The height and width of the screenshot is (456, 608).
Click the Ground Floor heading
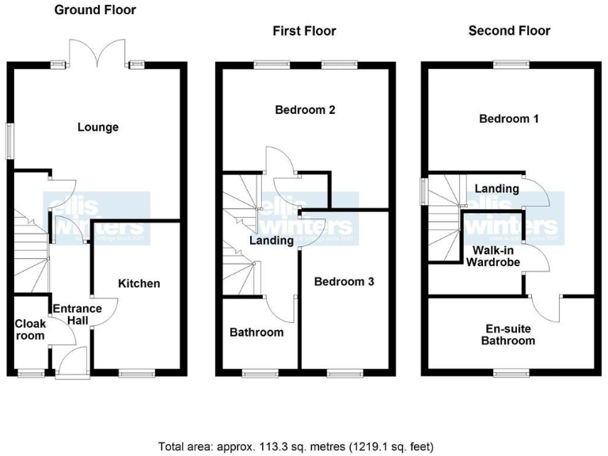click(94, 10)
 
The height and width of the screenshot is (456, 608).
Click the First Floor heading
click(304, 31)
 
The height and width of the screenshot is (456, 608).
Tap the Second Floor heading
click(509, 31)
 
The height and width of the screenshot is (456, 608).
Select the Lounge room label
click(98, 127)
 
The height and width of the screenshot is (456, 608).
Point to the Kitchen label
click(139, 283)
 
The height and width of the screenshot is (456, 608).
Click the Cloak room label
click(30, 329)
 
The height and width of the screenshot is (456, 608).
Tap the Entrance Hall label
click(77, 314)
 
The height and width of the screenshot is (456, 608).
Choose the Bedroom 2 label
click(305, 110)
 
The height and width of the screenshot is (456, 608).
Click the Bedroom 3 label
click(344, 281)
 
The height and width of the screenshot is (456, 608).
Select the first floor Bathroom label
click(256, 332)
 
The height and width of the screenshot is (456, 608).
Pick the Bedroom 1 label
click(509, 119)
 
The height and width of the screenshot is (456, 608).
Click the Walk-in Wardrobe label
click(491, 257)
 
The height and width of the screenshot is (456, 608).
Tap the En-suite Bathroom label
click(510, 334)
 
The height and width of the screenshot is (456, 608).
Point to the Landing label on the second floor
click(496, 188)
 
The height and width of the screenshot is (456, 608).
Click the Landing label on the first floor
click(272, 241)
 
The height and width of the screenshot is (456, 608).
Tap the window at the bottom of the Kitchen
click(132, 372)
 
